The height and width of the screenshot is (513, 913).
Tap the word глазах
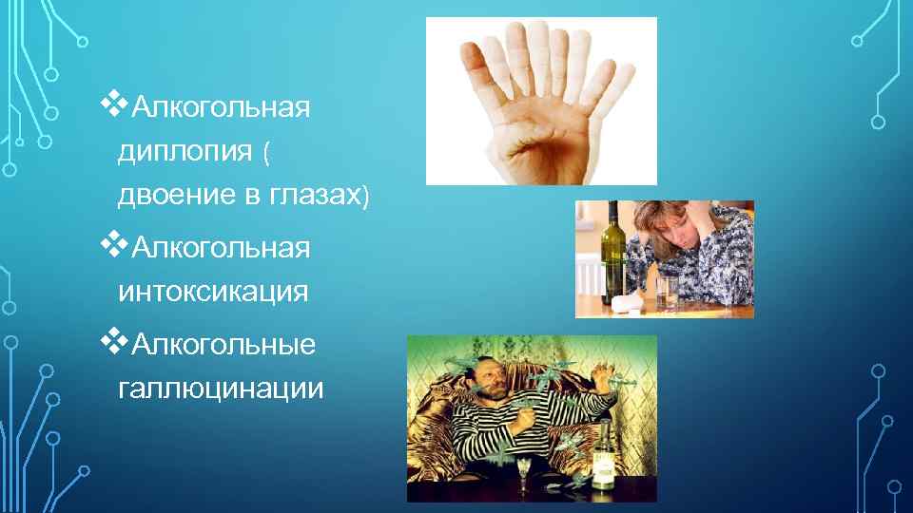coord(315,195)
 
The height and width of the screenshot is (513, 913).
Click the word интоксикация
coord(214,291)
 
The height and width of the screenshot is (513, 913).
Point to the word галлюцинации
coord(221,388)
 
